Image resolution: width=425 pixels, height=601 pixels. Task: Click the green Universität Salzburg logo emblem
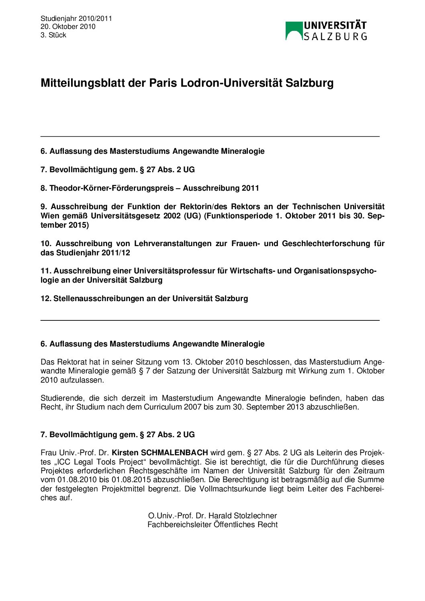294,31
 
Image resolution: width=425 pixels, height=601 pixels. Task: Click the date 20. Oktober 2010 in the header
68,26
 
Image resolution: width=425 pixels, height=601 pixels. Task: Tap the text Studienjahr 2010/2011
76,18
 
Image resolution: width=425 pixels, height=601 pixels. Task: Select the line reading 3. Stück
53,35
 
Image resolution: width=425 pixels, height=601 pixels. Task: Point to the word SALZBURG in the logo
335,37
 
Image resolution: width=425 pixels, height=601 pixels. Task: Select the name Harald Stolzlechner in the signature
243,516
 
